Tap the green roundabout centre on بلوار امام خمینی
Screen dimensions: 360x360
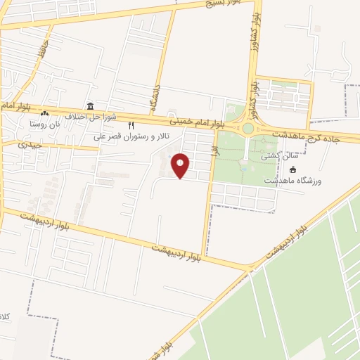coord(247,129)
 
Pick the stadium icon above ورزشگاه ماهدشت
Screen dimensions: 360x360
coord(292,170)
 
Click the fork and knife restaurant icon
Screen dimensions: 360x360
coord(131,125)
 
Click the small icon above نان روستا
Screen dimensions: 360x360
coord(45,113)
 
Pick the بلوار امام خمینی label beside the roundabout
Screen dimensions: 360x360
coord(201,118)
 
